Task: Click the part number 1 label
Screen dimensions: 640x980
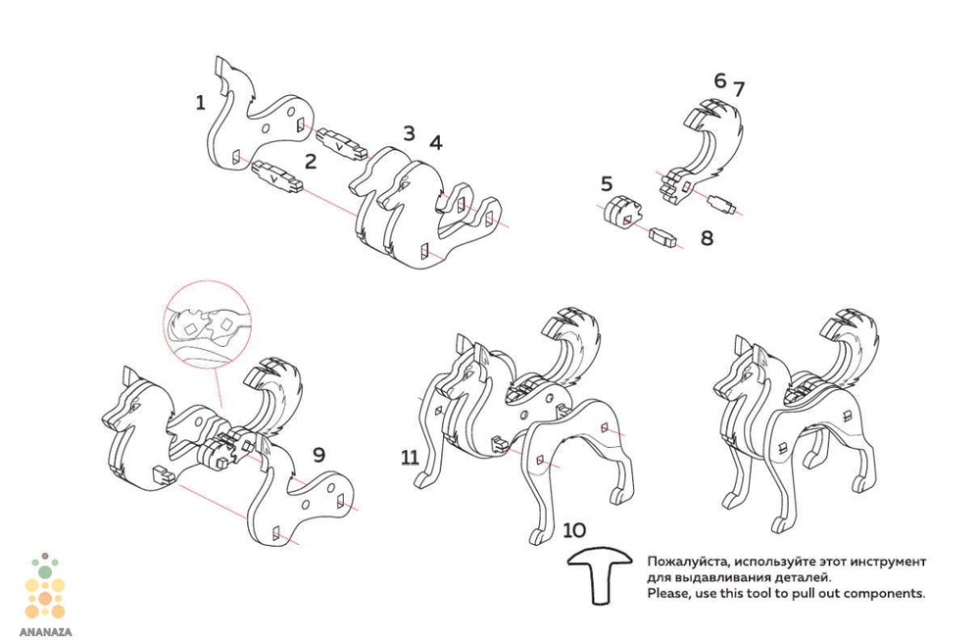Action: coord(200,102)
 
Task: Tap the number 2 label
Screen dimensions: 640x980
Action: coord(310,161)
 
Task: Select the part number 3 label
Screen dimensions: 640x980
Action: coord(409,132)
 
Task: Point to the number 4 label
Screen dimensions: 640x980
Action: coord(435,142)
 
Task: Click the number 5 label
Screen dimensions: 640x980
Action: coord(607,183)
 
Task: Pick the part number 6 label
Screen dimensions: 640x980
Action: coord(720,80)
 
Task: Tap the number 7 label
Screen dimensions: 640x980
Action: coord(738,89)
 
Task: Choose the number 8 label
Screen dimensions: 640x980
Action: coord(707,237)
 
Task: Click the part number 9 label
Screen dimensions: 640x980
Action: coord(318,455)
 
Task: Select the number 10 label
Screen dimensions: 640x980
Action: coord(575,530)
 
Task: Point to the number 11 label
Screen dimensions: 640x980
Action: coord(410,457)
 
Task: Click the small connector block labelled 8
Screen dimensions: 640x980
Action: coord(664,235)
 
